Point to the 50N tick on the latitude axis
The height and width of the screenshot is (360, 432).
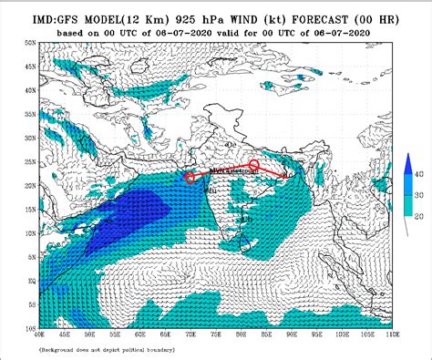[x=28, y=43]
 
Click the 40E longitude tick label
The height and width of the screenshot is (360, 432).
[x=37, y=334]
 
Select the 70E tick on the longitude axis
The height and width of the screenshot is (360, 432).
[x=189, y=334]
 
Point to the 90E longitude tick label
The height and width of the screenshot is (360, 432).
[x=291, y=334]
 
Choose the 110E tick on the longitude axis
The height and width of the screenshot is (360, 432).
[x=392, y=334]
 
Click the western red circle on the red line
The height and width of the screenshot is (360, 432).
[x=190, y=178]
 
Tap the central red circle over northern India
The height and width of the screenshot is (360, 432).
[x=254, y=165]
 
